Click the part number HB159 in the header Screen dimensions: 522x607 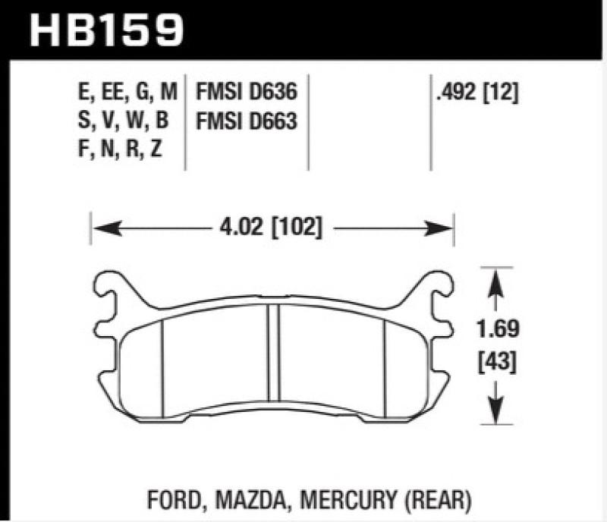(106, 30)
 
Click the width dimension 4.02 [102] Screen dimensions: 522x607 (270, 227)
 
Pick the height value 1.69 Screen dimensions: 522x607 (497, 331)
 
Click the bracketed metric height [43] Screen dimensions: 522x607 (497, 362)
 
